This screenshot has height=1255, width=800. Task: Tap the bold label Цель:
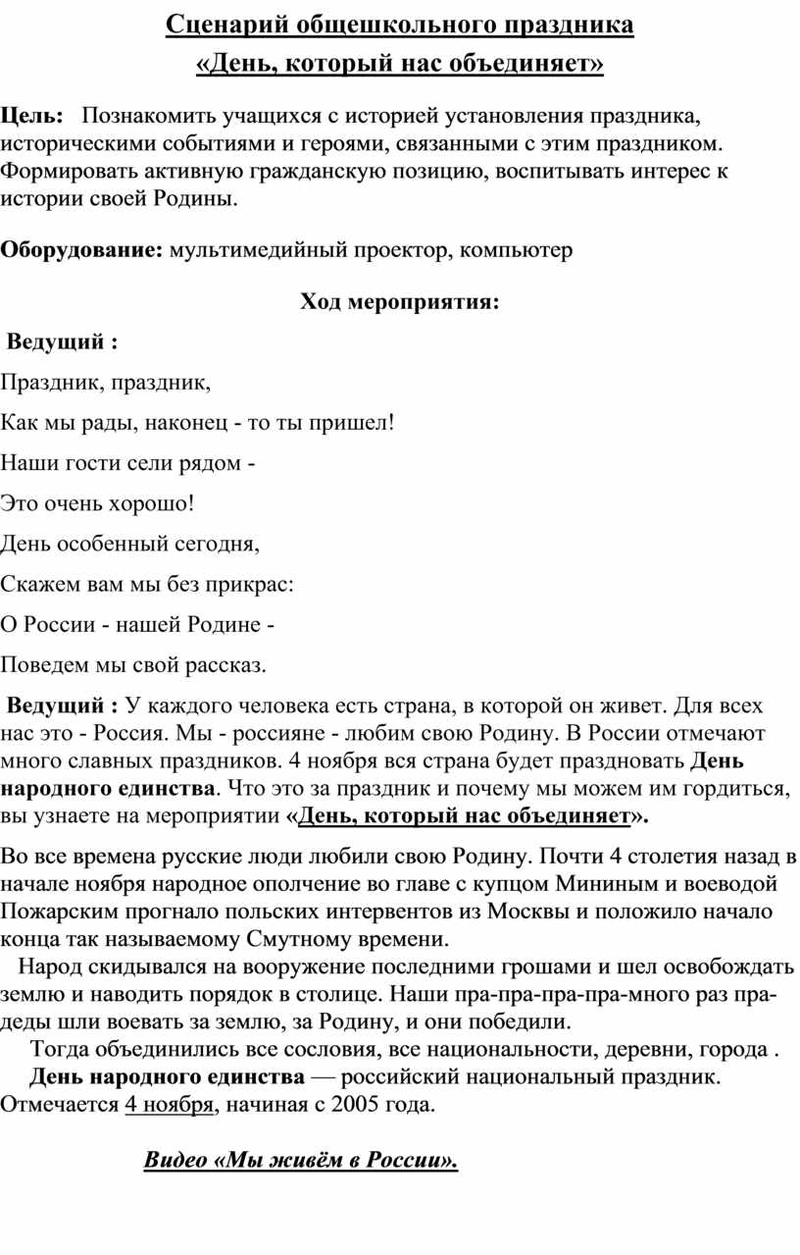coord(32,117)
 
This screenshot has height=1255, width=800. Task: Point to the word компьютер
coord(515,250)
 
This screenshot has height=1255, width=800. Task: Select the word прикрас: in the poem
coord(249,585)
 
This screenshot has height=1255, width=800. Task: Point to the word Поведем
coord(40,666)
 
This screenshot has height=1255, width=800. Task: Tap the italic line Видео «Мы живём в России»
coord(301,1161)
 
